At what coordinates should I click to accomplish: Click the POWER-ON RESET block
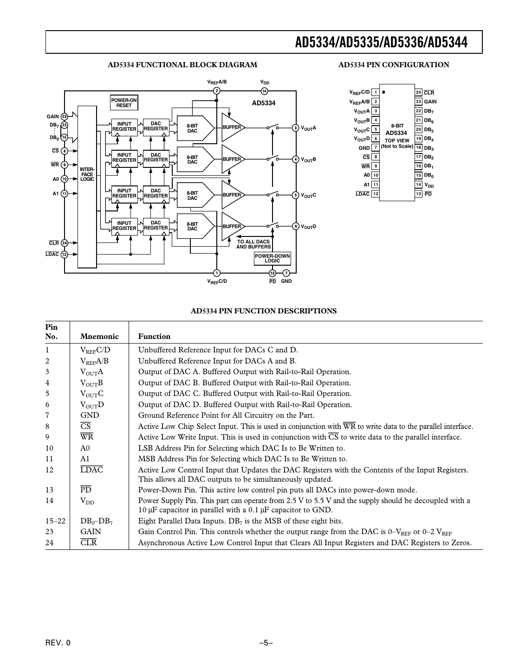pyautogui.click(x=124, y=102)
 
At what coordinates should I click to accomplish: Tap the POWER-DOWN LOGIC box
pyautogui.click(x=272, y=259)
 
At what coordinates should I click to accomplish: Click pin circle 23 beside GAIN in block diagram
pyautogui.click(x=65, y=117)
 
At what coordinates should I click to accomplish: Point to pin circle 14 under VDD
pyautogui.click(x=264, y=91)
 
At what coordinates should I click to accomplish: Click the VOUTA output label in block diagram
pyautogui.click(x=309, y=128)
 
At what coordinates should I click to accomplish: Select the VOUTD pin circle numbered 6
pyautogui.click(x=296, y=226)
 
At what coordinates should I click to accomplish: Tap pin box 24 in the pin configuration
pyautogui.click(x=418, y=92)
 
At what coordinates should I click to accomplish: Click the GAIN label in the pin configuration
pyautogui.click(x=430, y=102)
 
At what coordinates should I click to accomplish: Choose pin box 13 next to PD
pyautogui.click(x=418, y=194)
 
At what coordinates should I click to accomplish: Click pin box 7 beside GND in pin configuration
pyautogui.click(x=376, y=148)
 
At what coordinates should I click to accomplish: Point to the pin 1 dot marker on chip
pyautogui.click(x=384, y=92)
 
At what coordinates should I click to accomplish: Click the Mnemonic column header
pyautogui.click(x=99, y=337)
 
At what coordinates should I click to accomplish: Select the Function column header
pyautogui.click(x=154, y=337)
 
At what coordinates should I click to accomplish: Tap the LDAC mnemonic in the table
pyautogui.click(x=91, y=470)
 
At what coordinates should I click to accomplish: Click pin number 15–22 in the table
pyautogui.click(x=55, y=521)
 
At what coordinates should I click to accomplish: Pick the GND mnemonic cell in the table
pyautogui.click(x=90, y=415)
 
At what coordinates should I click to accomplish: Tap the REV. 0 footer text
pyautogui.click(x=58, y=643)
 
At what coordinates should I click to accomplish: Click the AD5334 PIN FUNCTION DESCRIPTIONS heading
pyautogui.click(x=264, y=311)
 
